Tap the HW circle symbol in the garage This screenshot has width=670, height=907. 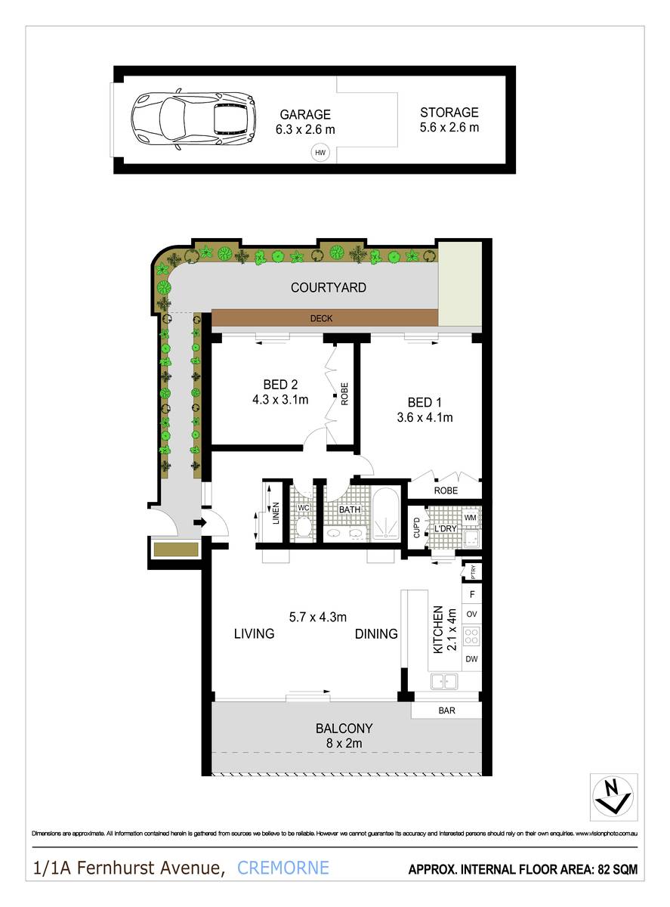point(320,153)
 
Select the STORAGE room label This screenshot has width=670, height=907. point(449,113)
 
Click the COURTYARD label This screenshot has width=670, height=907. point(329,288)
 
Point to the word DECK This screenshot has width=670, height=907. point(323,319)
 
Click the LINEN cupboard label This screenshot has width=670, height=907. point(276,513)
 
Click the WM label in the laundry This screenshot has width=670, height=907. point(469,518)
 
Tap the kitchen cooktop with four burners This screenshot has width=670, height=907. point(471,636)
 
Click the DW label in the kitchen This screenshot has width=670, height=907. point(471,660)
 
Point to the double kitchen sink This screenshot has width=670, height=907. point(446,683)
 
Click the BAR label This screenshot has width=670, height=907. point(446,710)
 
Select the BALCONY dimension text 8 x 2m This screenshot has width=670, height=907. point(344,744)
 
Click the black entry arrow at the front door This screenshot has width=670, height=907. point(200,522)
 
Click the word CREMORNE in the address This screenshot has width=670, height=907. point(283,868)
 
